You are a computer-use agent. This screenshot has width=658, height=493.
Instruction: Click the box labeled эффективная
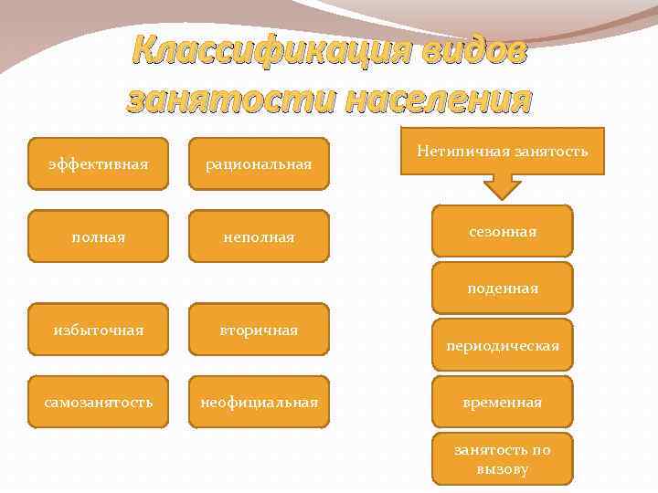coord(98,163)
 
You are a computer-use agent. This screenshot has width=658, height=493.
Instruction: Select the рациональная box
coord(258,163)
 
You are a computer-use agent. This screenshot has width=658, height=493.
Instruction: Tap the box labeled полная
coord(98,236)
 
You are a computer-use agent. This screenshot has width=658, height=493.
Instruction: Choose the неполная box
coord(258,236)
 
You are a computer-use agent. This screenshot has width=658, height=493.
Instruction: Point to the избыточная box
coord(98,329)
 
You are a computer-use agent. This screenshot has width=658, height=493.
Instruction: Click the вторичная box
coord(258,329)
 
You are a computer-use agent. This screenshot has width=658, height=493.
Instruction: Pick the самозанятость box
coord(98,402)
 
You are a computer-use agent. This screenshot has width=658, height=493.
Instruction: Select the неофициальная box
coord(258,402)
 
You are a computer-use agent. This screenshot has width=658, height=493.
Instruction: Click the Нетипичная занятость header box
coord(502,151)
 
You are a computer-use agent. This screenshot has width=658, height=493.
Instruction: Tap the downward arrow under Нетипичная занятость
coord(502,186)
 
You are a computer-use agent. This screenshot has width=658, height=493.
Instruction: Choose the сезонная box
coord(502,232)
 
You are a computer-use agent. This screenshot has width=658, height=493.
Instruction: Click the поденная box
coord(502,288)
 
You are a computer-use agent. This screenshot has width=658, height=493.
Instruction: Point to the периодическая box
coord(502,346)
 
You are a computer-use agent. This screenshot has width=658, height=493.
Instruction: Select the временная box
coord(502,402)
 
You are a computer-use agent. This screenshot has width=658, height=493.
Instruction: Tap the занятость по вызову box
coord(502,458)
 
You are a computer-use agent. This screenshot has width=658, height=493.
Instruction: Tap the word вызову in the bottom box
coord(502,468)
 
